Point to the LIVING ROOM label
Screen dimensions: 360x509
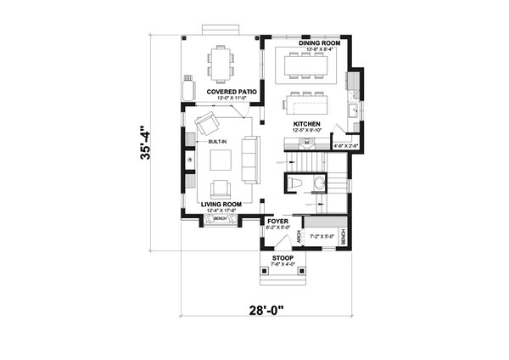(x=221, y=204)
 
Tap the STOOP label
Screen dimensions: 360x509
(x=282, y=257)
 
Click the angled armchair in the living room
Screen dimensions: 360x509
(x=206, y=125)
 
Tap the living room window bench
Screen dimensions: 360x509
(x=220, y=219)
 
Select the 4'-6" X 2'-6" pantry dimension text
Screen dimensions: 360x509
(x=345, y=145)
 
